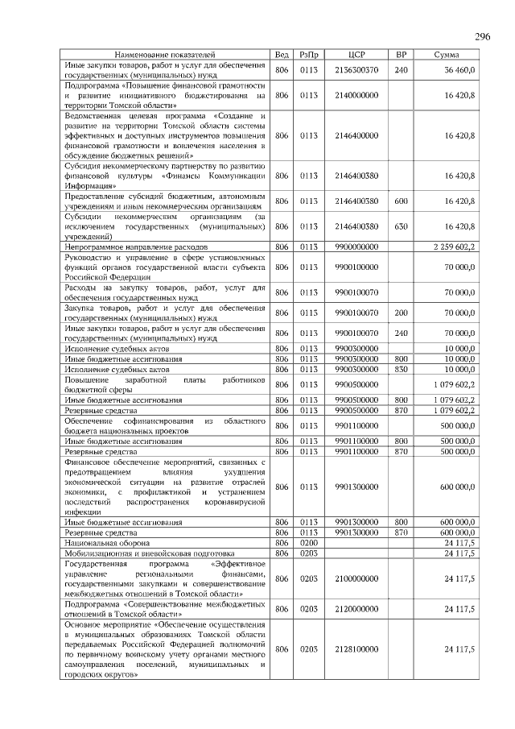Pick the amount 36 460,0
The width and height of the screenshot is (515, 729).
pos(459,71)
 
